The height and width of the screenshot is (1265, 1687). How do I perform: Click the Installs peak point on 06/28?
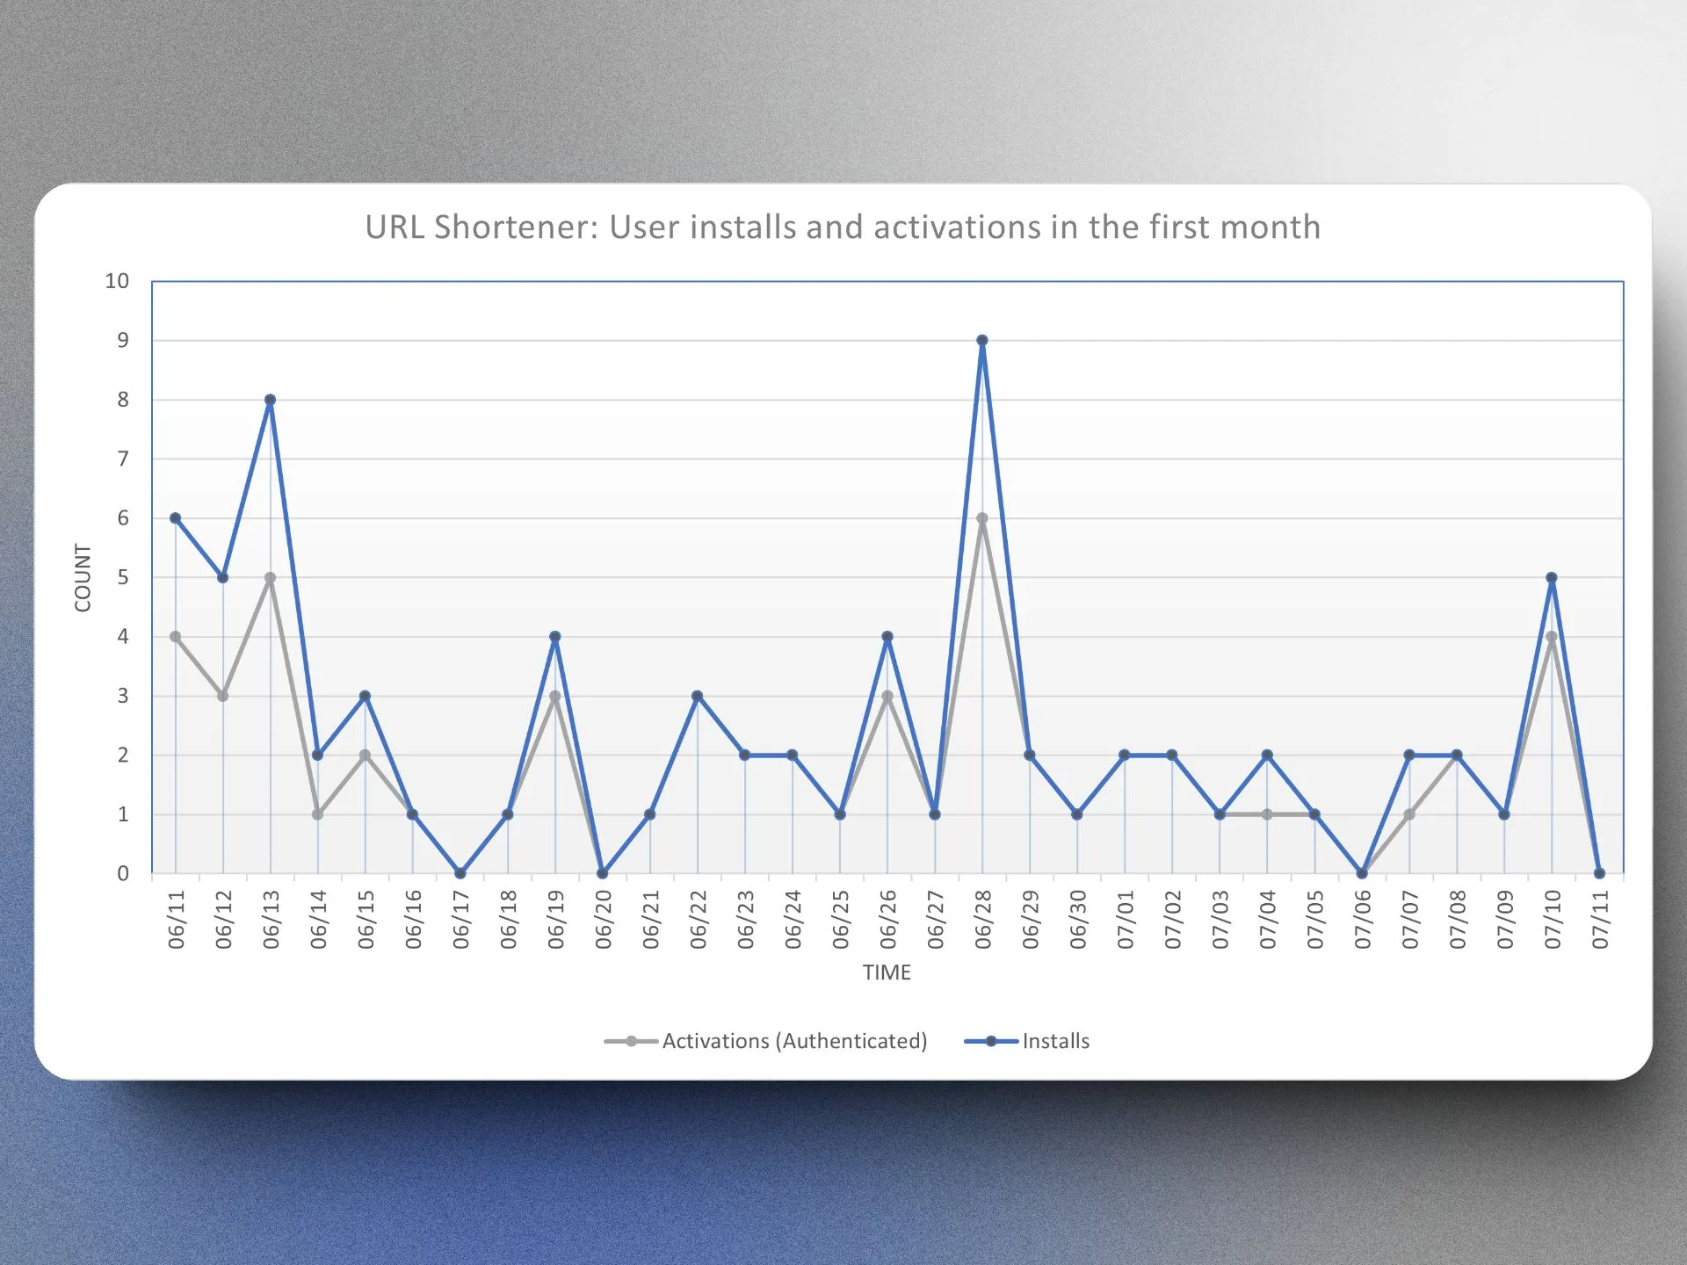coord(982,341)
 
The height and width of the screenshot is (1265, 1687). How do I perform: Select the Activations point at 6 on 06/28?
coord(982,518)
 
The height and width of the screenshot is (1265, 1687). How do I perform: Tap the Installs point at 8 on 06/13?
coord(271,400)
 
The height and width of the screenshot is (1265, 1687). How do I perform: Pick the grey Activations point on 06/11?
coord(176,637)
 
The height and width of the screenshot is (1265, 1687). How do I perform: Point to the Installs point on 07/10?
coord(1552,578)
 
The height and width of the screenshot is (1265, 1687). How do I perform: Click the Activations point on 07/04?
coord(1267,814)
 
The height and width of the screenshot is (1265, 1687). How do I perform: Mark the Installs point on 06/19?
coord(555,637)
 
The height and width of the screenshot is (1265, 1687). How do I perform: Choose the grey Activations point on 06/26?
coord(887,696)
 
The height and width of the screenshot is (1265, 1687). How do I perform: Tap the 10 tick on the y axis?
coord(117,281)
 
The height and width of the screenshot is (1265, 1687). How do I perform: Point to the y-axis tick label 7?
coord(123,459)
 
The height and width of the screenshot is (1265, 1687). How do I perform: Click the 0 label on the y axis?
coord(123,873)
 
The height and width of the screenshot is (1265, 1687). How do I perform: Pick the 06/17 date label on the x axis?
coord(460,920)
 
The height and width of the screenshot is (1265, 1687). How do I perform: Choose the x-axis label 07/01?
coord(1126,920)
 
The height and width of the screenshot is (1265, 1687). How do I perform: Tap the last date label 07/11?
coord(1600,920)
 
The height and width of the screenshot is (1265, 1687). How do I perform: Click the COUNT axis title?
coord(83,577)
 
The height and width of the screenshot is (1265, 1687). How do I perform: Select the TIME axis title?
coord(887,972)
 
